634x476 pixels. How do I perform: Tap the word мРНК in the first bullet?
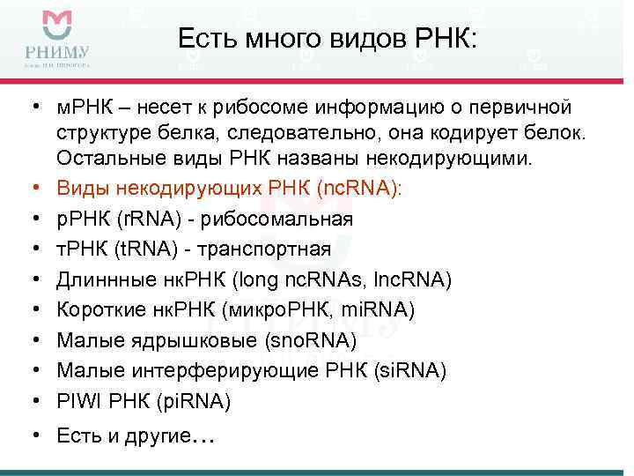85,107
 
